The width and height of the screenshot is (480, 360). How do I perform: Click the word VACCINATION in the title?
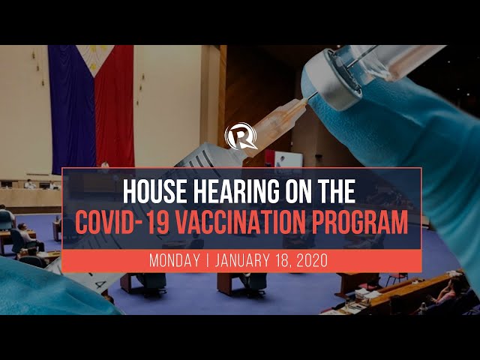pyautogui.click(x=254, y=223)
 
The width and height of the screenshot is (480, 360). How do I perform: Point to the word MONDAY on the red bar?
pyautogui.click(x=178, y=261)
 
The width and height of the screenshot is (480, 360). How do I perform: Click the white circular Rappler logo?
pyautogui.click(x=241, y=137)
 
